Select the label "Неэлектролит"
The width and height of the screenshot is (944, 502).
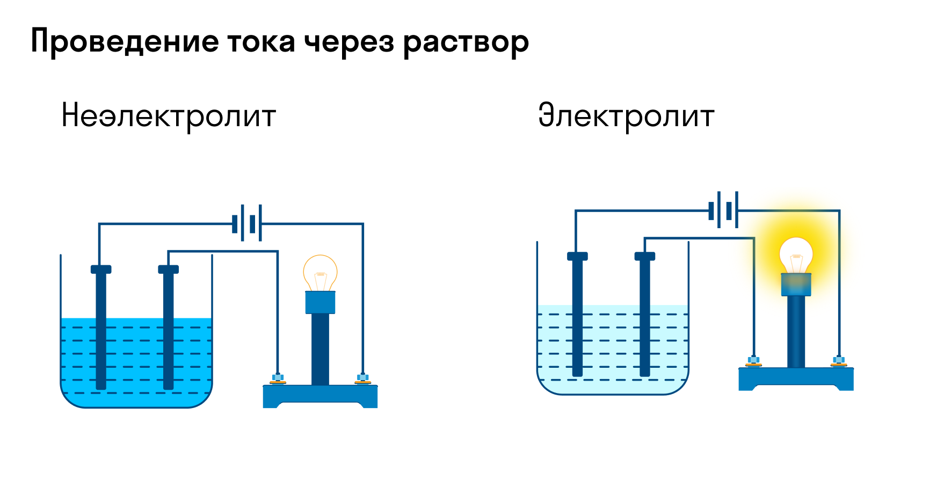[x=169, y=115]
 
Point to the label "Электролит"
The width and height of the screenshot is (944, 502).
[x=626, y=115]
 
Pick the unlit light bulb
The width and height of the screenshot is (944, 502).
[x=320, y=273]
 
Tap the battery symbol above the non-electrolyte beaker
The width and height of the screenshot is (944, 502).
[x=247, y=223]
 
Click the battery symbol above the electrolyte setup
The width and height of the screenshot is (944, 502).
[x=723, y=210]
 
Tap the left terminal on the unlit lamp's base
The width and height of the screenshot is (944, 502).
[x=278, y=379]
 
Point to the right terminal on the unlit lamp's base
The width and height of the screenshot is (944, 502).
[x=363, y=379]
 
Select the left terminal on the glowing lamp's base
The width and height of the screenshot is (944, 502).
[x=754, y=361]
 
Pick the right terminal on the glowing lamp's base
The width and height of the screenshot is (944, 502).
[x=839, y=361]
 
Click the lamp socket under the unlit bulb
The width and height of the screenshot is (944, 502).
[x=320, y=302]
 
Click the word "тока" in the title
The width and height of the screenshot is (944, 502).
[x=261, y=41]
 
